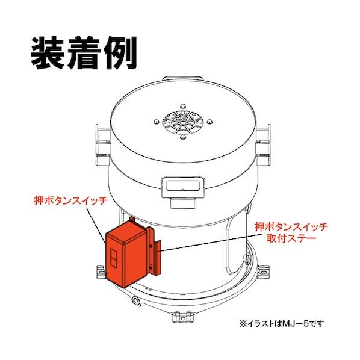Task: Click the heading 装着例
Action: [x=84, y=54]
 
